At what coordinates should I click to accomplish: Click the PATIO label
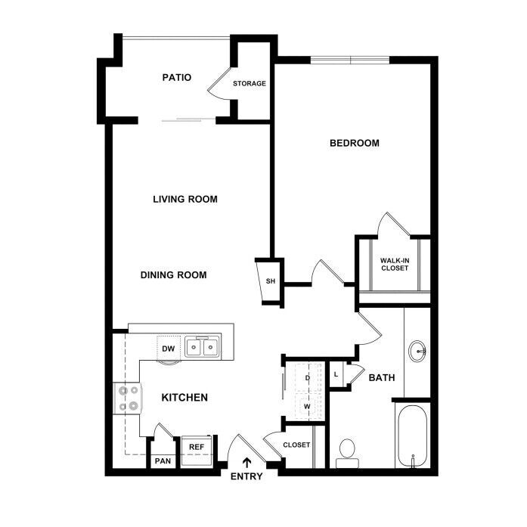coord(177,78)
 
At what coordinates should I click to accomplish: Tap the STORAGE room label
coord(250,83)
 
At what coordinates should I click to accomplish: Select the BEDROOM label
coord(355,143)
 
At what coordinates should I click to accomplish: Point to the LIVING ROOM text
coord(185,200)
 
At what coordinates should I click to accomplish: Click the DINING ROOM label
coord(173,275)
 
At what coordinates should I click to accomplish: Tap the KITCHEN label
coord(184,398)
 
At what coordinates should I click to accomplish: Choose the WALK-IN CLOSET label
coord(395,264)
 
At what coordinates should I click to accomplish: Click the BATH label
coord(382,378)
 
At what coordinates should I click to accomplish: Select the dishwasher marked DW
coord(169,349)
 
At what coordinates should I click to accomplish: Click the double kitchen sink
coord(202,346)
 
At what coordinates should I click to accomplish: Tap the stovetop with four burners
coord(128,398)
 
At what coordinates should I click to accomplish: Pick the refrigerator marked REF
coord(197,451)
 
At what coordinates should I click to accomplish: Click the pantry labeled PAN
coord(163,460)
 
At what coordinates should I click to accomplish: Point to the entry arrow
coord(247,463)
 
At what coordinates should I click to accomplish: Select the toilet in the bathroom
coord(347,454)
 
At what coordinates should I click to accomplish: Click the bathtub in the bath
coord(413,436)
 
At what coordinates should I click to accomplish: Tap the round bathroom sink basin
coord(417,352)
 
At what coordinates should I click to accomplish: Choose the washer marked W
coord(307,406)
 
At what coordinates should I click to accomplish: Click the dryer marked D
coord(307,378)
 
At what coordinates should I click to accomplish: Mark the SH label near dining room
coord(271,281)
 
